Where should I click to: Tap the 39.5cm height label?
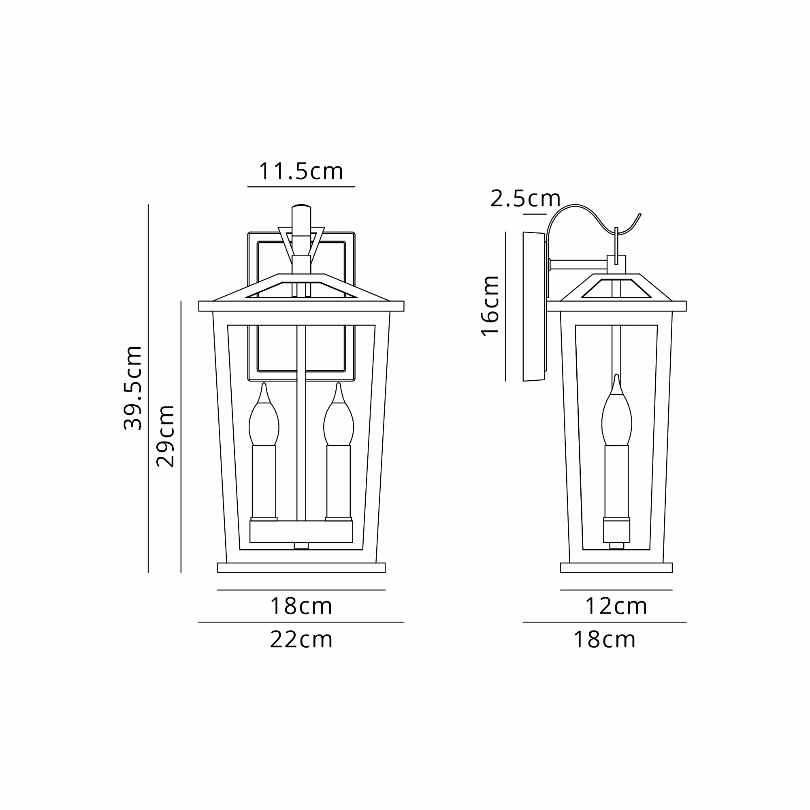pos(133,388)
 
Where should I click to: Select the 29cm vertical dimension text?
pos(165,436)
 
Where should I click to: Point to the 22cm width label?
pos(301,639)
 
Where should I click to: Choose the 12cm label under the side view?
pos(616,606)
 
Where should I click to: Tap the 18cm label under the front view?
pos(301,606)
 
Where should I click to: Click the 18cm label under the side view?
pos(604,639)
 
